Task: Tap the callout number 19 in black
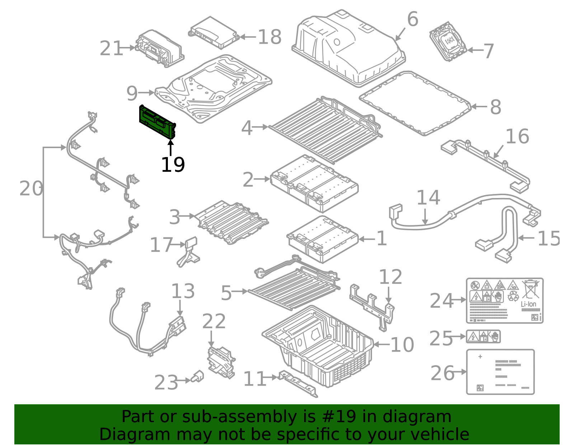173,165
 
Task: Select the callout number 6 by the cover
413,19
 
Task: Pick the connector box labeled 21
160,49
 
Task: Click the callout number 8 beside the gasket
495,107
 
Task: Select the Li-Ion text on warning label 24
528,304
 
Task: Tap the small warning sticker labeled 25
483,337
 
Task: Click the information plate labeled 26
500,372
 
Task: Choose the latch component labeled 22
221,362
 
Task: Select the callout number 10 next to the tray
402,345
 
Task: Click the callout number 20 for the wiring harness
31,189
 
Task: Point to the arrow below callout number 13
180,308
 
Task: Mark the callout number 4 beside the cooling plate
246,128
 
